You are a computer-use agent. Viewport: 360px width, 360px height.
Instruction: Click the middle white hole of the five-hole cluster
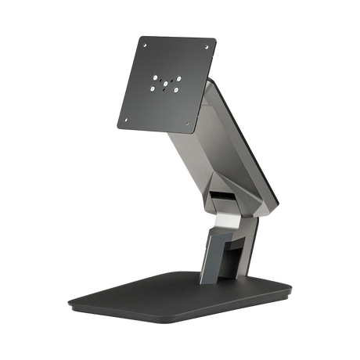[167, 82]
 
